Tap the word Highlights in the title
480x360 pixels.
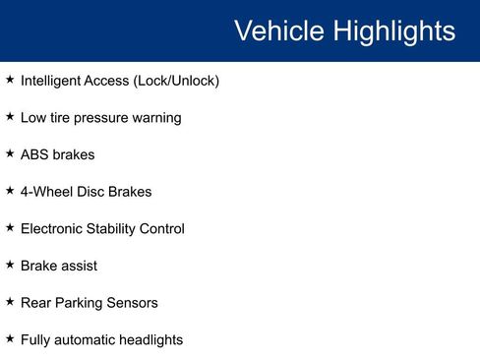tap(393, 30)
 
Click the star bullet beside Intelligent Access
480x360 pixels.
tap(10, 80)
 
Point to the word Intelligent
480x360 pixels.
tap(53, 81)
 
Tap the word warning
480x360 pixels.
tap(157, 118)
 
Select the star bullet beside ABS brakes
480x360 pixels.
tap(10, 154)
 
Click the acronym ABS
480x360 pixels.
tap(35, 155)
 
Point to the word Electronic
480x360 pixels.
tap(53, 229)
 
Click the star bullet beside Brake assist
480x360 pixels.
tap(10, 266)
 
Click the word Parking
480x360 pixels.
tap(84, 304)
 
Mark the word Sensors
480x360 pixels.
tap(134, 303)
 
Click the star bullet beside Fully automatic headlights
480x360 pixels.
tap(10, 339)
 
